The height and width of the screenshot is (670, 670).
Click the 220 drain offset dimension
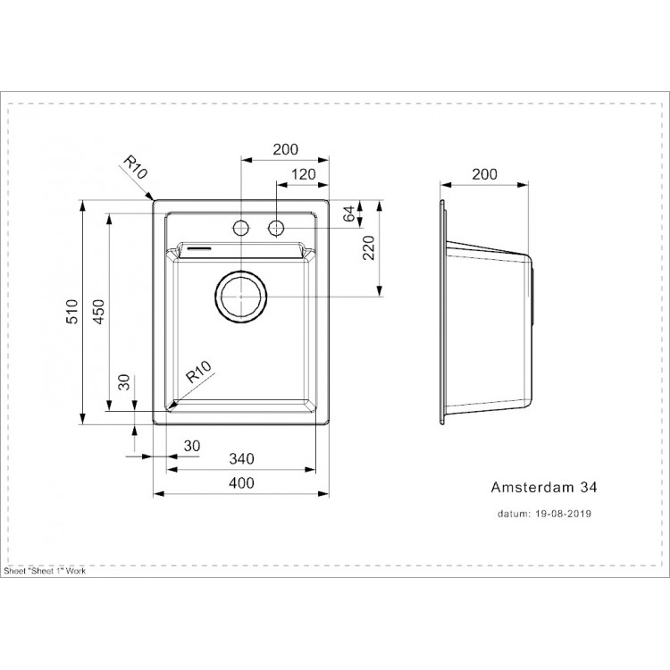point(368,255)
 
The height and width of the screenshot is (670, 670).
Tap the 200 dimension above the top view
point(285,150)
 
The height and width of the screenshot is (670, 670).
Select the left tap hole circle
point(241,227)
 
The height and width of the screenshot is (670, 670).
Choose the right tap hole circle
point(277,227)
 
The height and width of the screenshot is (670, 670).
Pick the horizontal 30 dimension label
point(191,445)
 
